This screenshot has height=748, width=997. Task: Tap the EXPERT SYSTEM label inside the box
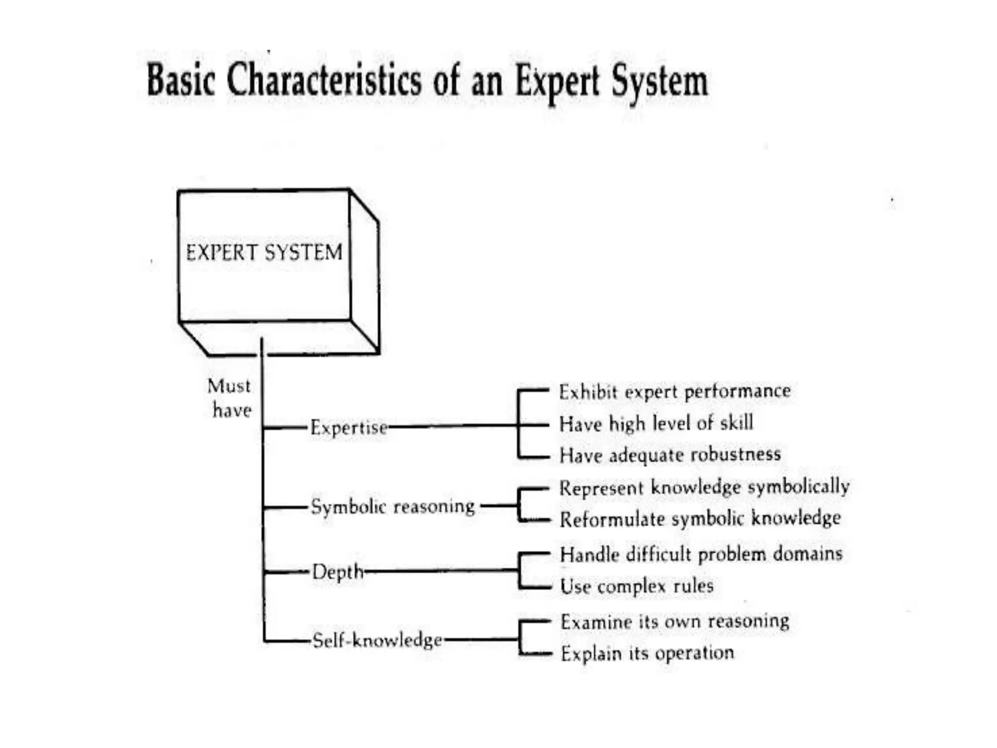[x=264, y=252]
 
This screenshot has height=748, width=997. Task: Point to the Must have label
[x=229, y=398]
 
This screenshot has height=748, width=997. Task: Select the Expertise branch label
[x=349, y=428]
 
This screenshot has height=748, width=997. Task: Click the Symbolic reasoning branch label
[x=393, y=506]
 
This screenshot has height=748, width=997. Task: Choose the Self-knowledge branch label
[x=377, y=639]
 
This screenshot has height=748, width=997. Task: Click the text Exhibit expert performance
[x=675, y=392]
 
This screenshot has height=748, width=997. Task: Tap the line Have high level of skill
[x=656, y=423]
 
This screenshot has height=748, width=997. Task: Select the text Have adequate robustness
[x=670, y=455]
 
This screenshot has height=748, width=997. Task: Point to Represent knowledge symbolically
[x=704, y=487]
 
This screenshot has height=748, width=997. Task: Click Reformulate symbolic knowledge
[x=700, y=518]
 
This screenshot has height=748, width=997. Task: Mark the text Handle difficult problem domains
[x=701, y=554]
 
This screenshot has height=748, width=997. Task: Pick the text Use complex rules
[x=637, y=586]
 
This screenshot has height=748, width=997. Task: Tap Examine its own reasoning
[x=675, y=621]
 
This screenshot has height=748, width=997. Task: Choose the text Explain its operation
[x=647, y=653]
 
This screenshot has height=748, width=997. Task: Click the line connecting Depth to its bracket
[x=441, y=569]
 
